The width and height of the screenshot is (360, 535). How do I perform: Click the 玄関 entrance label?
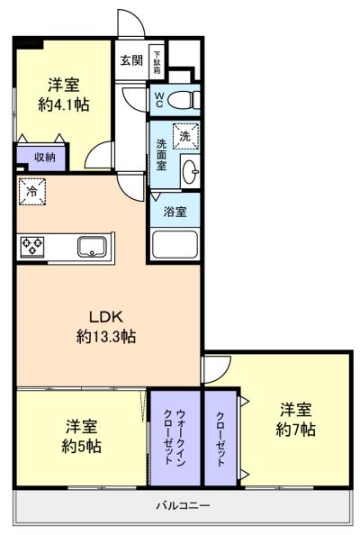(x=130, y=61)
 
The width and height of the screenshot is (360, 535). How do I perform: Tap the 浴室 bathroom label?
(x=175, y=212)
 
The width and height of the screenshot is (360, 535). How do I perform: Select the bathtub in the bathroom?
(x=175, y=244)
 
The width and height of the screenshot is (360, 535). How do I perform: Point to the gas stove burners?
(x=33, y=245)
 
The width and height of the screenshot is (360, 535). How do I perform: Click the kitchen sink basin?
(x=93, y=245)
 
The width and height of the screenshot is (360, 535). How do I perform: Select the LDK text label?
(x=104, y=316)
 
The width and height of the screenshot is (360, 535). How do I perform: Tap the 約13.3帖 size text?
(x=104, y=338)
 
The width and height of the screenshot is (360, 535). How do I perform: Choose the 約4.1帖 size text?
(x=64, y=105)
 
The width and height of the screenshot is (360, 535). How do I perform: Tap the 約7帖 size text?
(x=295, y=430)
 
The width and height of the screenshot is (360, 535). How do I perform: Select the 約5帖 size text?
(x=81, y=446)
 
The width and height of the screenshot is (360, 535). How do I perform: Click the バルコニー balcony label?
(x=183, y=506)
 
